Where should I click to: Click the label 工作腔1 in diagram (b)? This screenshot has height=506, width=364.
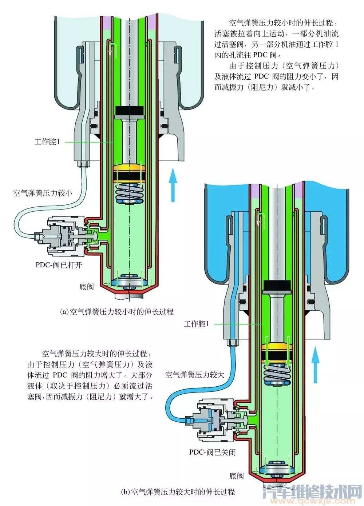pos(197,324)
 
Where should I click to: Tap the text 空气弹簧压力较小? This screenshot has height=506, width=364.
pos(43,193)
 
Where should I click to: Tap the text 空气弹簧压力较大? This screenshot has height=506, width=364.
pos(195,375)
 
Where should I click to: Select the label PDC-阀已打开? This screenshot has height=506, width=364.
pos(59,265)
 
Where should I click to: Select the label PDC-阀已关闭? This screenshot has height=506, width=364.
pos(212,452)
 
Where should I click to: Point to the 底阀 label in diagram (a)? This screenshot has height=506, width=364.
pos(86,287)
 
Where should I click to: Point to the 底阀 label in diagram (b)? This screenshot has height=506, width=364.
pos(236,475)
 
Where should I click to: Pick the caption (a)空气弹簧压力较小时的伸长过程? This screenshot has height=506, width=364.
pos(116,312)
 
